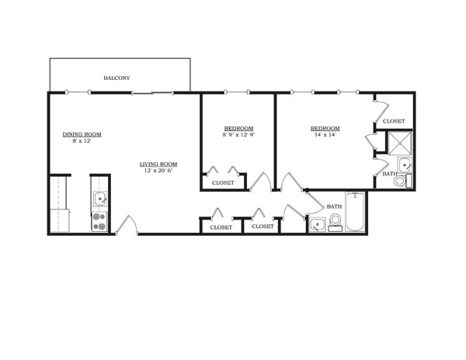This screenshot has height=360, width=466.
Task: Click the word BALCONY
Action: [x=117, y=78]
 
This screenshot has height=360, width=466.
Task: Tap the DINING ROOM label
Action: [x=82, y=134]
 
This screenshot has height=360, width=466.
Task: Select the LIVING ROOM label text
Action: [x=158, y=164]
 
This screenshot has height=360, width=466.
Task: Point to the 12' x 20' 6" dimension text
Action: [x=158, y=171]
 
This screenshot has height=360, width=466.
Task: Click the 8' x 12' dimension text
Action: [x=82, y=140]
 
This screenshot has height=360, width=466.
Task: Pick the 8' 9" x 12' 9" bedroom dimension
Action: [x=238, y=135]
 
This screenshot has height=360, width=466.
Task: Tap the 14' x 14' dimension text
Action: [x=325, y=135]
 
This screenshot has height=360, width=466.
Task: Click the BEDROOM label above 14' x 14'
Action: [x=325, y=128]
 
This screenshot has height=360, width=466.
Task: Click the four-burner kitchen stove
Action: [x=99, y=222]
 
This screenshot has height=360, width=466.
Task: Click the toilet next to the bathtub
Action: [x=335, y=223]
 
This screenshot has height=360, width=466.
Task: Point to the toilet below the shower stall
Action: [x=400, y=182]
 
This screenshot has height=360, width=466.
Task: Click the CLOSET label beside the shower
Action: [x=394, y=121]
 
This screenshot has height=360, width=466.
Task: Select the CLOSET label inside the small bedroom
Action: [x=223, y=183]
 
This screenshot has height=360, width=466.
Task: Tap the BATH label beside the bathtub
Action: [x=334, y=206]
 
